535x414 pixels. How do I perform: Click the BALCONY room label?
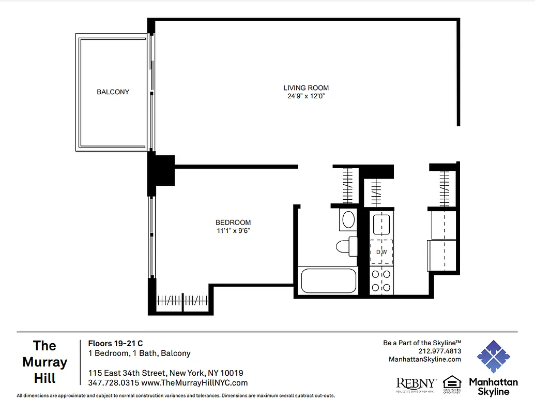(x=113, y=92)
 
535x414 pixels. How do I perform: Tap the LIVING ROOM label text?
(x=306, y=88)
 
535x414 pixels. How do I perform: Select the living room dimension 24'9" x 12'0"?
(x=306, y=96)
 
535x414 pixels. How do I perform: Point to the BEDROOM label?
(x=233, y=223)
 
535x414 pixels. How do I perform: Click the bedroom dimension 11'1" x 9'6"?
(x=233, y=231)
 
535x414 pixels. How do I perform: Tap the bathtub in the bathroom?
(x=328, y=281)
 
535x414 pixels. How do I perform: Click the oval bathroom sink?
(x=349, y=220)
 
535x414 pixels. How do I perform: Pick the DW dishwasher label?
(x=381, y=252)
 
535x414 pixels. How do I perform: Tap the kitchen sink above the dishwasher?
(x=381, y=225)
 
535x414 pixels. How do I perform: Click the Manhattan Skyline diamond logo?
(x=493, y=357)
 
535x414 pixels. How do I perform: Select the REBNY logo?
(x=416, y=383)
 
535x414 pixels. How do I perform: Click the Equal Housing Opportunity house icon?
(x=452, y=382)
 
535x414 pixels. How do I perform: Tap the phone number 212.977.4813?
(x=440, y=351)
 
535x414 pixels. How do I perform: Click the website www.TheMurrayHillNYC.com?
(x=194, y=383)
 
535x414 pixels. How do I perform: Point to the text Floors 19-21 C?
(x=115, y=343)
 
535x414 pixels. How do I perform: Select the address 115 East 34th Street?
(x=127, y=373)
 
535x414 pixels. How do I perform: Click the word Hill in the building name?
(x=45, y=378)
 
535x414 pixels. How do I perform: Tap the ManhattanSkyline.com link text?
(x=424, y=359)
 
